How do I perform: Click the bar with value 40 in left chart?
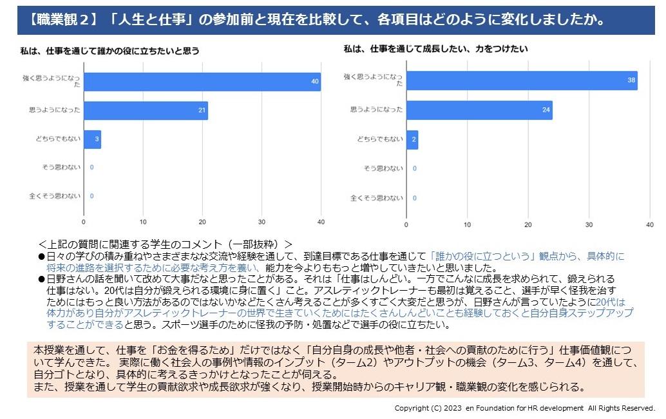(x=202, y=82)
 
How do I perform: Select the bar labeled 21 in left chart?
(x=146, y=110)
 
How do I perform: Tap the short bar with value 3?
(x=92, y=139)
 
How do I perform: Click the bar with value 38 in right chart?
(x=522, y=81)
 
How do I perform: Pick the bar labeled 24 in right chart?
(x=479, y=110)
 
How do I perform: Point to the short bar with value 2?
(x=412, y=140)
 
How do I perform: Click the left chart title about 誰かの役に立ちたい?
(x=109, y=50)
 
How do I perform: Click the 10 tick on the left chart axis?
(x=143, y=222)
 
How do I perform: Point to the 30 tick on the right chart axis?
(x=589, y=224)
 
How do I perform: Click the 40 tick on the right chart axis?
(x=649, y=224)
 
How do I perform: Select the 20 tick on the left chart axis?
(x=202, y=222)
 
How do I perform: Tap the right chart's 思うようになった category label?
(x=377, y=110)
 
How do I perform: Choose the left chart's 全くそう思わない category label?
(x=55, y=196)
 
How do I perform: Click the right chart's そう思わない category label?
(x=383, y=169)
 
